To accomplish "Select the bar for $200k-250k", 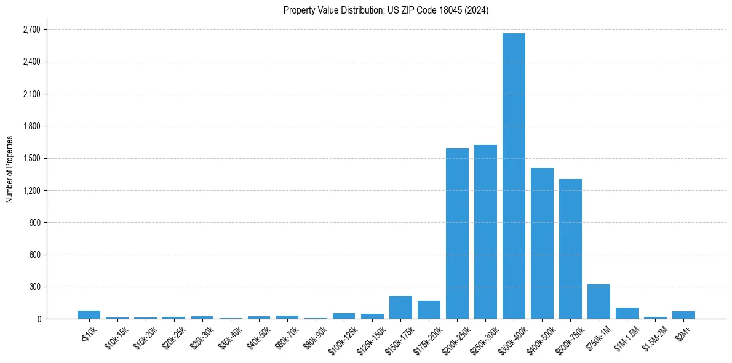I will click(x=457, y=234).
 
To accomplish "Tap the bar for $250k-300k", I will click(x=485, y=232).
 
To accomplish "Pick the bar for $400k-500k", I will click(x=542, y=244).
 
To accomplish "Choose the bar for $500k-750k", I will click(x=570, y=249).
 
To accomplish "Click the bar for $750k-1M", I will click(x=599, y=302).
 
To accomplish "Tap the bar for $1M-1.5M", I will click(x=627, y=313).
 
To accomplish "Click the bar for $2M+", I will click(x=683, y=315).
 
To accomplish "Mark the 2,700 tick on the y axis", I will click(x=31, y=30).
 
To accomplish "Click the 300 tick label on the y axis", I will click(x=34, y=287).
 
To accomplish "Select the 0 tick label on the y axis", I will click(x=39, y=319).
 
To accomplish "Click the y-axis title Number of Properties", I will click(x=9, y=169).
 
